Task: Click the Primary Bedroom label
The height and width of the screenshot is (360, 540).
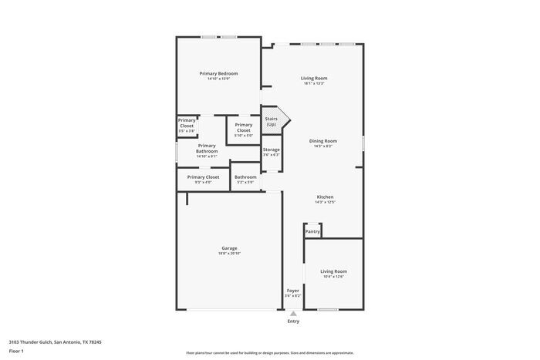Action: click(218, 73)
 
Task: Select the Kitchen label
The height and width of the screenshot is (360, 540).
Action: click(325, 197)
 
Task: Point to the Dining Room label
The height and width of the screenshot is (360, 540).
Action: click(323, 141)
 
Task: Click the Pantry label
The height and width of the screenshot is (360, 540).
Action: click(312, 231)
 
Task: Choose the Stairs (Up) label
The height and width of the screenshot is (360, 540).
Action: click(272, 121)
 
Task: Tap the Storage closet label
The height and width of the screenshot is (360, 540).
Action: click(272, 150)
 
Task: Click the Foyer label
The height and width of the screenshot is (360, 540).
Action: click(292, 291)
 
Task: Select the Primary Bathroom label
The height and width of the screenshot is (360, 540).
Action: click(207, 148)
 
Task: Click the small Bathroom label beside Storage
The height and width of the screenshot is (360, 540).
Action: click(245, 177)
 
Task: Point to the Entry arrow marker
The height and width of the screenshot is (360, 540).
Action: click(293, 314)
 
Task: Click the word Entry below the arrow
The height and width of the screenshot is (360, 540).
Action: click(293, 321)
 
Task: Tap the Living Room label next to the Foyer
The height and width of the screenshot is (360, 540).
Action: click(333, 271)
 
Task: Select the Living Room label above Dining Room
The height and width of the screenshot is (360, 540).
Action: click(314, 78)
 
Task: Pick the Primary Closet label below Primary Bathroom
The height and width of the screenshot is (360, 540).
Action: click(203, 177)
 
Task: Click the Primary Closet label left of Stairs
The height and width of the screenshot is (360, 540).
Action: click(244, 127)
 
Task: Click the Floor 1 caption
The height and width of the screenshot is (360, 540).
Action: click(17, 352)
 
